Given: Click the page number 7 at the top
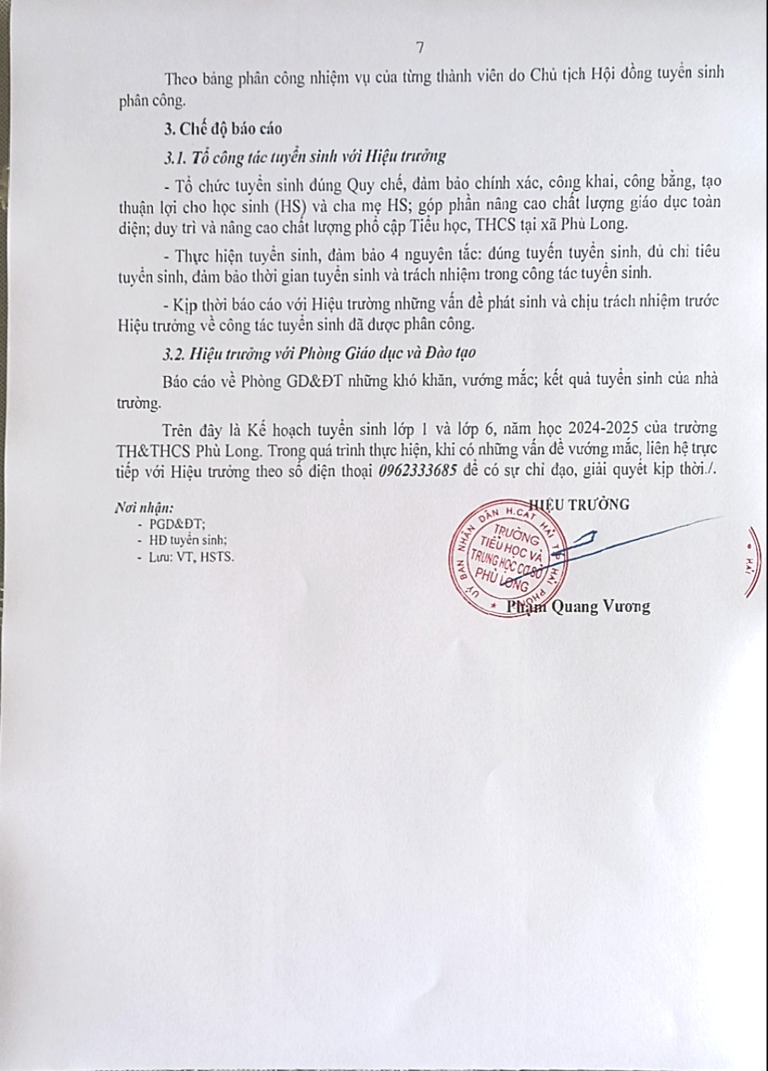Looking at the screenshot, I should coord(419,47).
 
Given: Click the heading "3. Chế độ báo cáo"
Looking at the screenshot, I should coord(222,128).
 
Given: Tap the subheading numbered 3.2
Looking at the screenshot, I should coord(320,352).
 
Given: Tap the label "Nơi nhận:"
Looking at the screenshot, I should coord(144,508).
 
